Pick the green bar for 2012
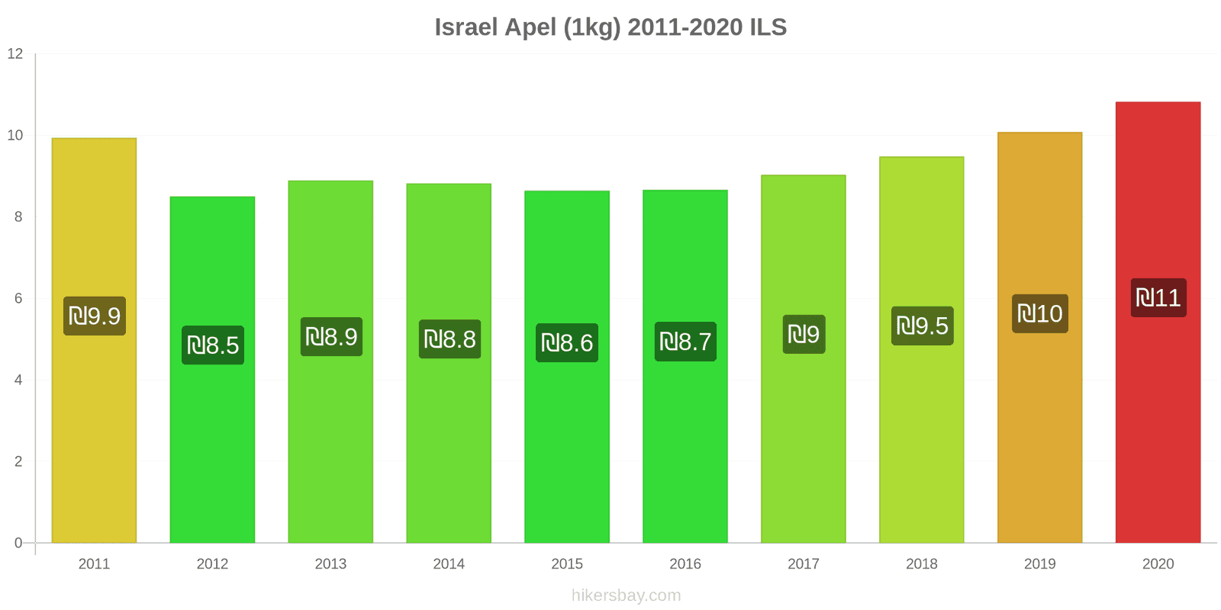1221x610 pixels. [212, 442]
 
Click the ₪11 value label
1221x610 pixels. [1158, 298]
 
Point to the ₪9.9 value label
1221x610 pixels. [95, 316]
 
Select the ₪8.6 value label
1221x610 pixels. [567, 343]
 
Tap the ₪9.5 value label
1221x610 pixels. [922, 326]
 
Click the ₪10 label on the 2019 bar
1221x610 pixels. [1040, 313]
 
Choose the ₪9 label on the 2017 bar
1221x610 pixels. [804, 334]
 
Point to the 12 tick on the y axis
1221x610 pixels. [15, 54]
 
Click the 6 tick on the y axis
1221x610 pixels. [18, 299]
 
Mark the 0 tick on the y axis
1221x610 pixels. [18, 544]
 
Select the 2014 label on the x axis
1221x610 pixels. [449, 564]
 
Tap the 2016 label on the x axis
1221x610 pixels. [685, 564]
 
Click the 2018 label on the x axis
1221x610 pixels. [922, 564]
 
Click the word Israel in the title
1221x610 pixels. [466, 27]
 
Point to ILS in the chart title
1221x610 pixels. [768, 27]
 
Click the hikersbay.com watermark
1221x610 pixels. [626, 596]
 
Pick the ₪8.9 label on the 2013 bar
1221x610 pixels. [331, 337]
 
